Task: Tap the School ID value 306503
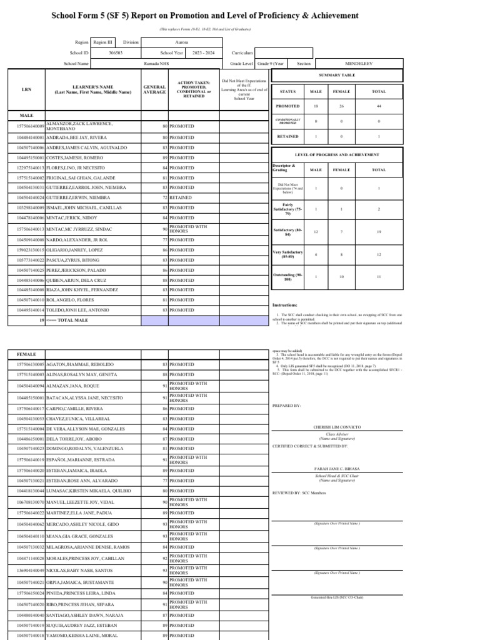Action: (116, 53)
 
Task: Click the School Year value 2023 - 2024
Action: (203, 53)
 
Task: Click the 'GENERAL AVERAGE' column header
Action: (154, 89)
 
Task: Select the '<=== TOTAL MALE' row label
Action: (72, 320)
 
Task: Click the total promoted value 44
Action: (379, 106)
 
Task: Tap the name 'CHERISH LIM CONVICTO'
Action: (337, 427)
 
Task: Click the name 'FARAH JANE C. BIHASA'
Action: (337, 468)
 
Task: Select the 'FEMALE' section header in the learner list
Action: (27, 354)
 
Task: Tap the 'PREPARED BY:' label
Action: (287, 406)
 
